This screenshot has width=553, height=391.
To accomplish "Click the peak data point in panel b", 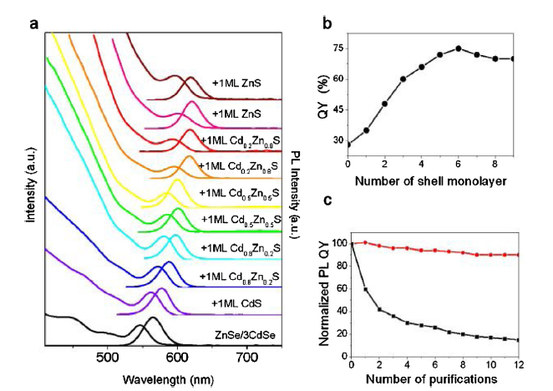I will [x=459, y=48].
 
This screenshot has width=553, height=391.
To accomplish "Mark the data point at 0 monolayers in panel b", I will [x=348, y=145].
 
